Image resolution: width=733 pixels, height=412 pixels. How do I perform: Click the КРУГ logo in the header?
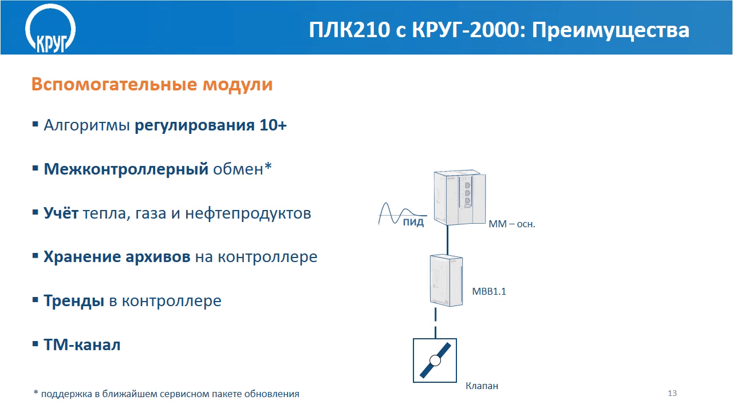pyautogui.click(x=50, y=29)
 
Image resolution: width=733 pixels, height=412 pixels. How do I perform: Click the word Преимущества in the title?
pyautogui.click(x=610, y=30)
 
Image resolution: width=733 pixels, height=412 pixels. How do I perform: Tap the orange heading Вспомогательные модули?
pyautogui.click(x=152, y=84)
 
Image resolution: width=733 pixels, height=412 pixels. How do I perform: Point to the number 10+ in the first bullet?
pyautogui.click(x=273, y=125)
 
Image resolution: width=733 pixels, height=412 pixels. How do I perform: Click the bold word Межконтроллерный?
pyautogui.click(x=126, y=169)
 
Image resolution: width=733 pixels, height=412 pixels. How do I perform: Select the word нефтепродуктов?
pyautogui.click(x=248, y=213)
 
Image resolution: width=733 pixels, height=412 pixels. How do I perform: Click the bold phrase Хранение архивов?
pyautogui.click(x=117, y=257)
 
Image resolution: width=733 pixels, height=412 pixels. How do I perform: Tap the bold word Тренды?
pyautogui.click(x=74, y=300)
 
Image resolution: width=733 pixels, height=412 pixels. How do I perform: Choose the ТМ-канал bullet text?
pyautogui.click(x=82, y=344)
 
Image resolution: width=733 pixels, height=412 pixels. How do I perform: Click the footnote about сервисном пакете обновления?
pyautogui.click(x=167, y=394)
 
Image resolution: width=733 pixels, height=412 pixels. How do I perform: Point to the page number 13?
pyautogui.click(x=672, y=393)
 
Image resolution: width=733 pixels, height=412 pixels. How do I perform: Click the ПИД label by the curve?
pyautogui.click(x=413, y=223)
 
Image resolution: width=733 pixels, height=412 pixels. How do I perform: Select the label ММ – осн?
pyautogui.click(x=512, y=224)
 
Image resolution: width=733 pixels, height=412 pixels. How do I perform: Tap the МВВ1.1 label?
pyautogui.click(x=489, y=291)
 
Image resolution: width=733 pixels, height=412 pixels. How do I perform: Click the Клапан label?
pyautogui.click(x=482, y=386)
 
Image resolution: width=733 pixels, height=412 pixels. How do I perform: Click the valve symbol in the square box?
pyautogui.click(x=435, y=360)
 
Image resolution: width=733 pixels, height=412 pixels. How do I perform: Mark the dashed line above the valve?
pyautogui.click(x=436, y=323)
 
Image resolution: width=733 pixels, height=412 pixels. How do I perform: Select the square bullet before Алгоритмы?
pyautogui.click(x=36, y=124)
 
